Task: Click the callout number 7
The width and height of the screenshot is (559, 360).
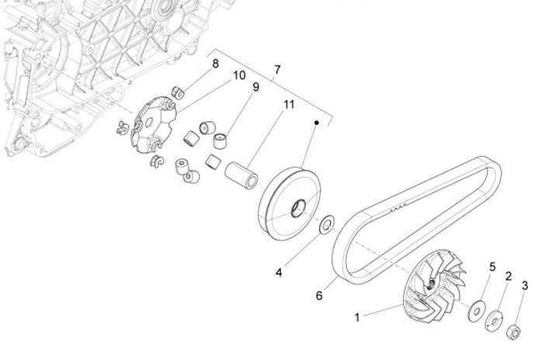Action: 277,71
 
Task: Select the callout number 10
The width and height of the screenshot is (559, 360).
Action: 239,75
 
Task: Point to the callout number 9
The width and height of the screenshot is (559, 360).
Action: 254,88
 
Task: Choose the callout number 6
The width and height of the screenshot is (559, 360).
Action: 318,296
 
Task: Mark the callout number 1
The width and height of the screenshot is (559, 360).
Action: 357,317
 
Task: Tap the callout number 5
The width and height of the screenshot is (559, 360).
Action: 491,268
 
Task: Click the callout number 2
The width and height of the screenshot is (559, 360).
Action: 509,277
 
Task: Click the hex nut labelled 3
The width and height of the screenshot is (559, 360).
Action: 513,333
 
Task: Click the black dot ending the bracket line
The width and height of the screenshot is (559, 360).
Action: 317,123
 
